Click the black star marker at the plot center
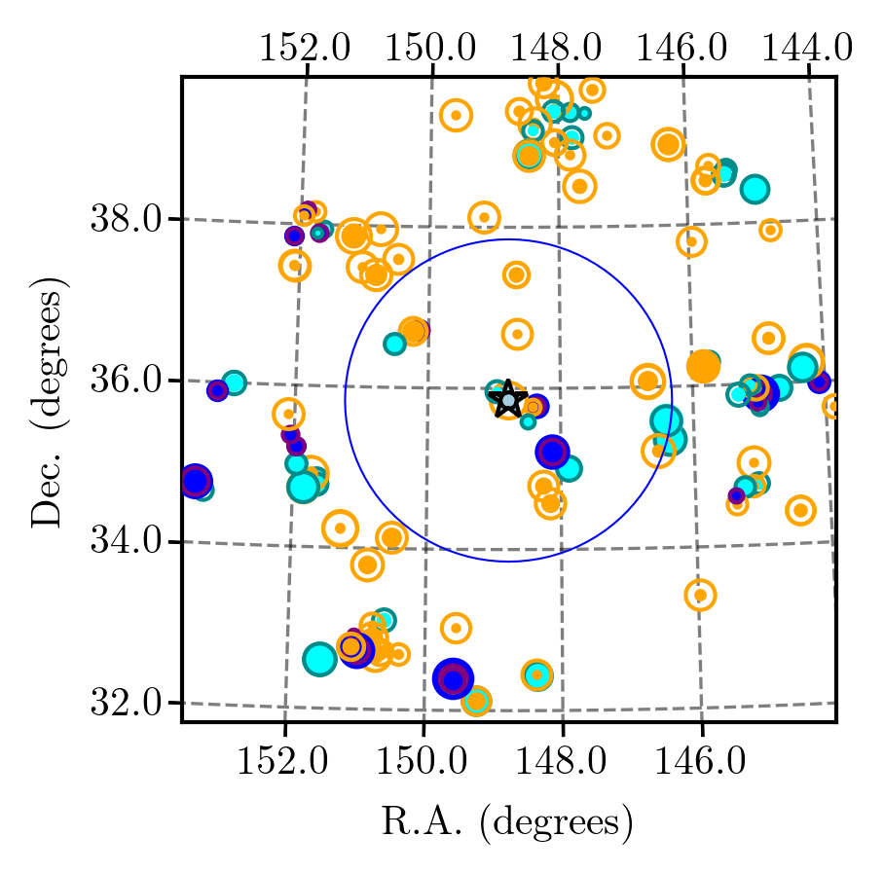(x=508, y=399)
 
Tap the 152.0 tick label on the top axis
(x=305, y=48)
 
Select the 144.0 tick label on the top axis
(x=807, y=48)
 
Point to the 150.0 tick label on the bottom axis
(x=422, y=761)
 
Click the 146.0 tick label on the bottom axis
(x=700, y=761)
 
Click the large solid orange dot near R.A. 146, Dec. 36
(x=703, y=366)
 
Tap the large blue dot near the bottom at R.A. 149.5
(x=453, y=678)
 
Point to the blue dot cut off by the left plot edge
(x=195, y=481)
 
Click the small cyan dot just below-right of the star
(x=528, y=421)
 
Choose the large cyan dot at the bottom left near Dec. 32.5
(x=319, y=659)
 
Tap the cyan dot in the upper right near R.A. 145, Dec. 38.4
(x=755, y=189)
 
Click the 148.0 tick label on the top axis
(x=556, y=48)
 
